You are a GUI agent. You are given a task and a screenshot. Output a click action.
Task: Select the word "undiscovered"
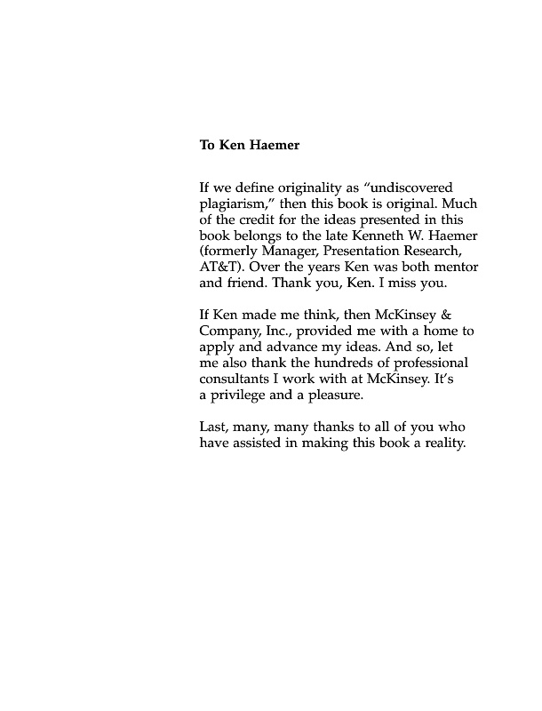pos(414,188)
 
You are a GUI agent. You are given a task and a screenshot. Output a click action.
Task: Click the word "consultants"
pos(237,379)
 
